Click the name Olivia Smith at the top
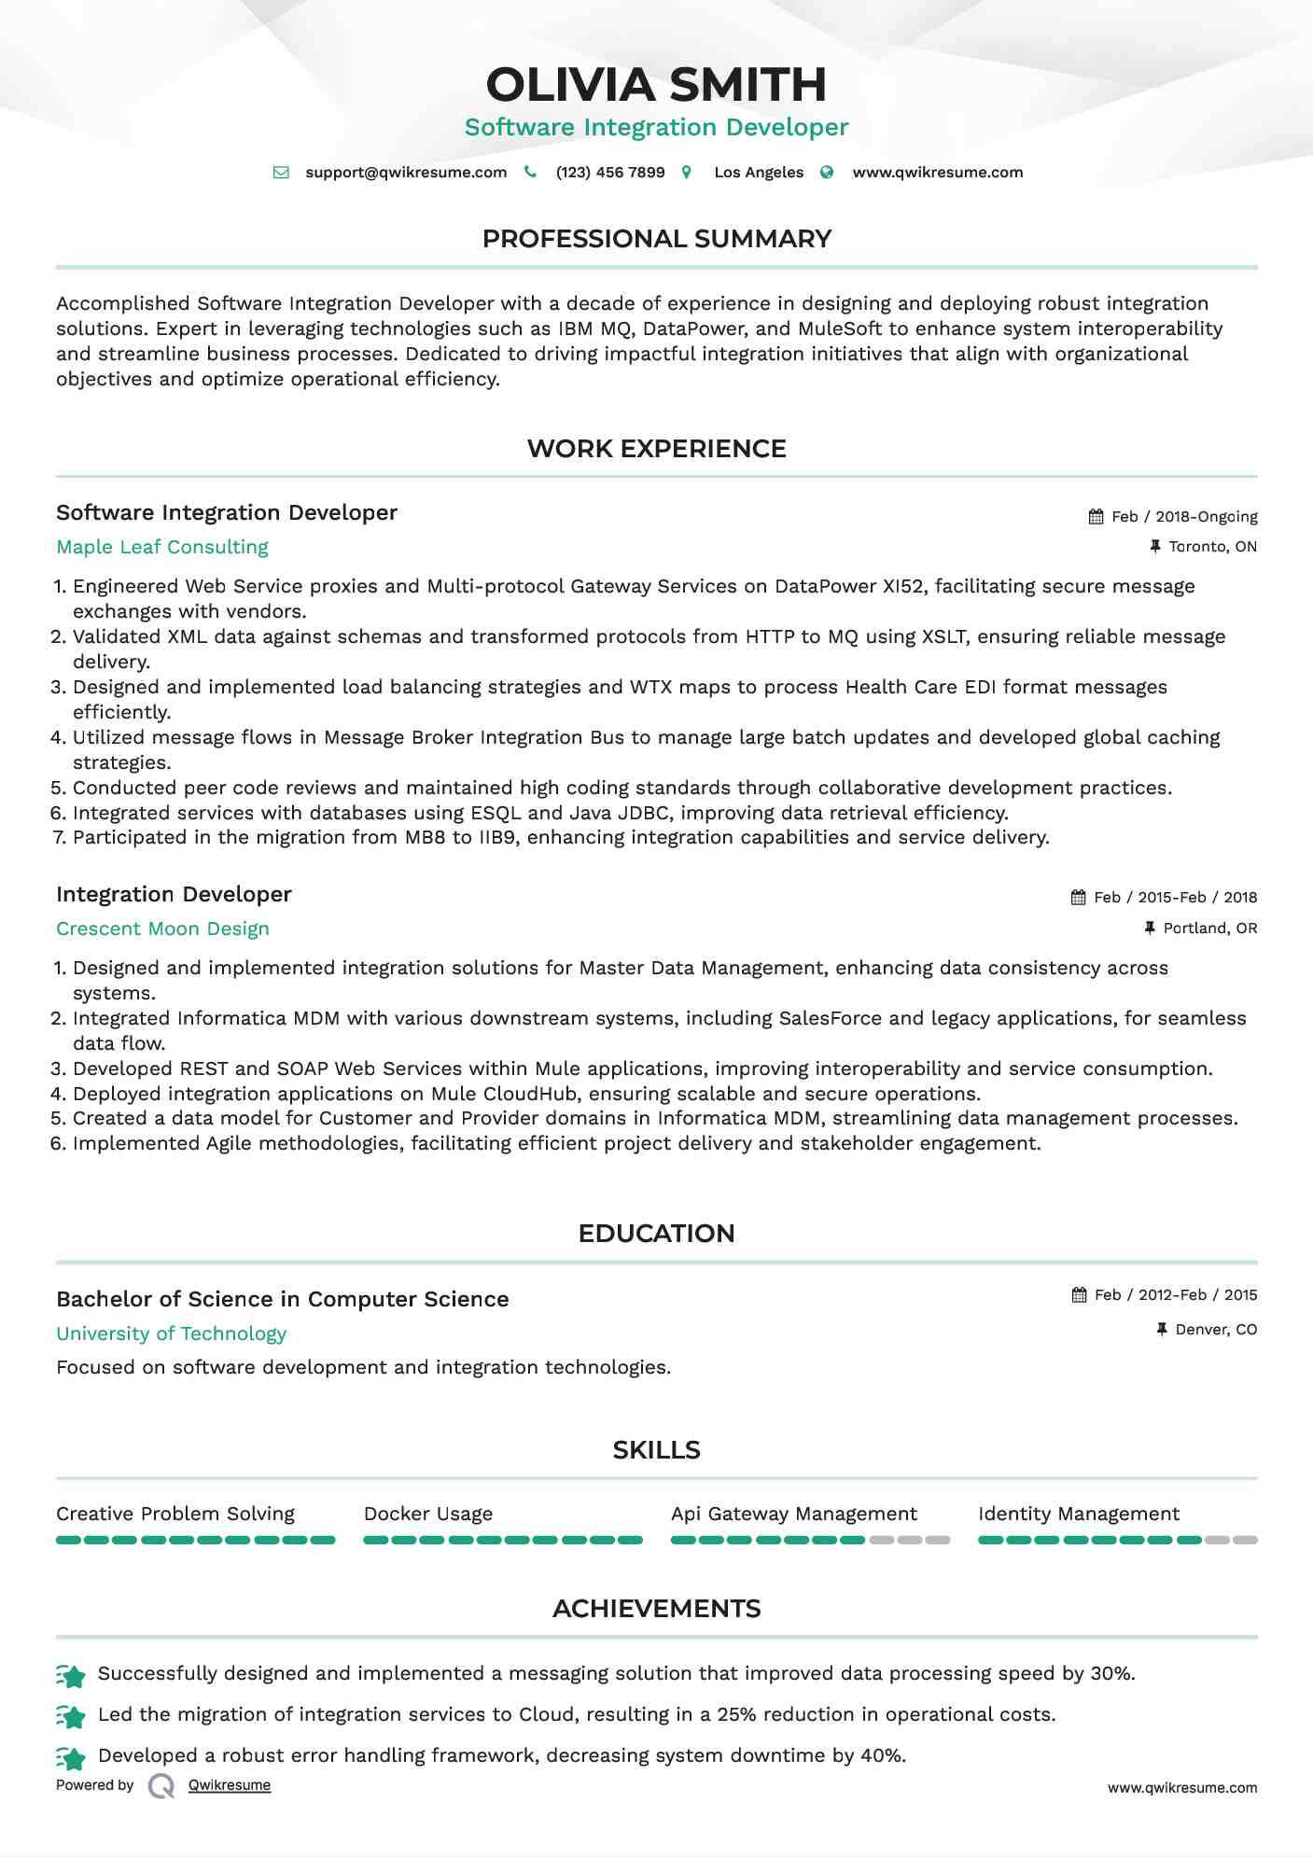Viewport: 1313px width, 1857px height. coord(656,85)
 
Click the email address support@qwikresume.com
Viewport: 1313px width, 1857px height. coord(406,173)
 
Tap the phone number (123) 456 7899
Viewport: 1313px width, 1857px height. coord(610,173)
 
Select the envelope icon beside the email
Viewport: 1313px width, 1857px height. coord(281,173)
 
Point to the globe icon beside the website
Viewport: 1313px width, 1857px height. coord(827,173)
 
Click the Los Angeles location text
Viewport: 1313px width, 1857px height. coord(759,173)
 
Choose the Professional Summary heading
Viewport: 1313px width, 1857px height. coord(656,239)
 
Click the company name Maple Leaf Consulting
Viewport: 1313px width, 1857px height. coord(162,548)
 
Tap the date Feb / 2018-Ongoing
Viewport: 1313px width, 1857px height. coord(1184,517)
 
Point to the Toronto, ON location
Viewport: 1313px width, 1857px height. coord(1212,547)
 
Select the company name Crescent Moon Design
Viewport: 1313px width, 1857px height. coord(162,929)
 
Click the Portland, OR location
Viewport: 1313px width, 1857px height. coord(1209,928)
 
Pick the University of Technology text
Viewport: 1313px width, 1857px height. coord(171,1334)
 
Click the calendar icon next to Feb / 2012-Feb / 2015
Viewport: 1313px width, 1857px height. coord(1080,1295)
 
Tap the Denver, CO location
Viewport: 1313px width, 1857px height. coord(1216,1330)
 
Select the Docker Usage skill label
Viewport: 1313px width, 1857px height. coord(428,1515)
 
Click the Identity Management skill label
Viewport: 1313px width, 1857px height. coord(1079,1515)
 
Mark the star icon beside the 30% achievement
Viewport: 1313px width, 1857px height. coord(71,1676)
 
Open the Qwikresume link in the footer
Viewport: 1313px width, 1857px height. coord(230,1785)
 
